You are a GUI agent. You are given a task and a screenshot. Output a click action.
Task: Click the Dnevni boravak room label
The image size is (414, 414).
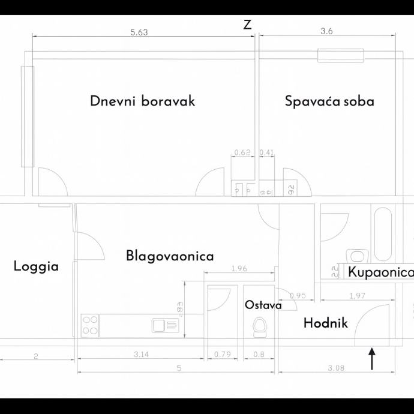[x=143, y=101]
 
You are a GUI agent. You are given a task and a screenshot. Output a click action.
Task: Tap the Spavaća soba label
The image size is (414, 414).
[x=329, y=101]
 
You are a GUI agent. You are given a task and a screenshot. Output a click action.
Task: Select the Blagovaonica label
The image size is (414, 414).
[x=170, y=256]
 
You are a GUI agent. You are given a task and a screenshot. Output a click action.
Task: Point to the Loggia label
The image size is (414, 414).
[x=36, y=266]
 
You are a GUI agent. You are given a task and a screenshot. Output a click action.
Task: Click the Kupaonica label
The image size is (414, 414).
[x=381, y=273]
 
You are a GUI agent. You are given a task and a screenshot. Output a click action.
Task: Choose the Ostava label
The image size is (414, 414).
[x=263, y=305]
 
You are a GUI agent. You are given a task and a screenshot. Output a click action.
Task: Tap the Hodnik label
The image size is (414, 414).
[x=326, y=323]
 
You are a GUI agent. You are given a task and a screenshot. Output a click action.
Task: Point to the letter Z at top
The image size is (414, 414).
[x=247, y=25]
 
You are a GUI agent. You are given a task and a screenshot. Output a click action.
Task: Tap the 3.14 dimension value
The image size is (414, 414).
[x=141, y=355]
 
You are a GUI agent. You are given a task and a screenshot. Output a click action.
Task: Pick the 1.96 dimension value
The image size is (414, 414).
[x=239, y=268]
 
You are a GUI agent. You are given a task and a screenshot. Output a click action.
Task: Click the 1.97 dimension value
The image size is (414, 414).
[x=358, y=295]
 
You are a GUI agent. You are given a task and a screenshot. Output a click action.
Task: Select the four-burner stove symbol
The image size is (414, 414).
[x=90, y=325]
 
